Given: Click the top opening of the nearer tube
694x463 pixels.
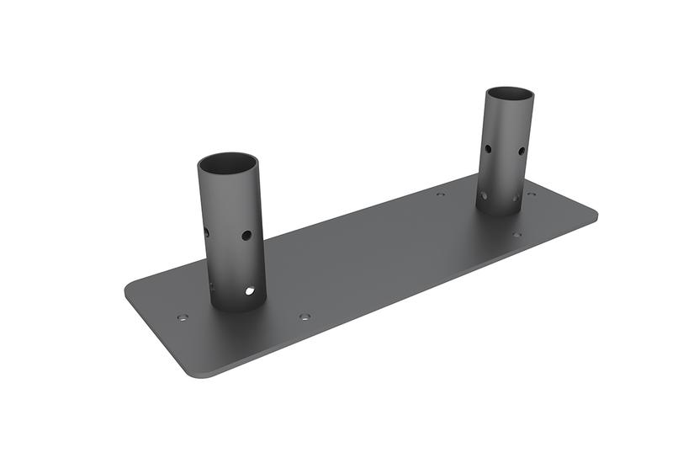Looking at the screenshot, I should tap(227, 162).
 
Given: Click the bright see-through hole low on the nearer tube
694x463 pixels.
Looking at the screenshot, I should tap(250, 291).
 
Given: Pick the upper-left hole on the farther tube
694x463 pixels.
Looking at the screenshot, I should tap(488, 149).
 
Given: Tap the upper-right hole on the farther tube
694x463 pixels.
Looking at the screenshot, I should tap(522, 152).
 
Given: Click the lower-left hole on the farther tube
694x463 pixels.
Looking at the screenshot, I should tap(484, 195).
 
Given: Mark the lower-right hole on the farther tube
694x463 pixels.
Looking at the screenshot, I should tap(516, 199).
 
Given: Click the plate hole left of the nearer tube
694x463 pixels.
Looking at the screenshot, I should tap(183, 318).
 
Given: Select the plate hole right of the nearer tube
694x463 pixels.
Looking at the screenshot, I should tap(305, 317).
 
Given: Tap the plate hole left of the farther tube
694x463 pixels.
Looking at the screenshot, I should tap(441, 194).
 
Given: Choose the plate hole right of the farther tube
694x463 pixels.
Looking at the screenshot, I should tap(531, 194).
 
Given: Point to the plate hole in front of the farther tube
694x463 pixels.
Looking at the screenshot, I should tap(517, 235).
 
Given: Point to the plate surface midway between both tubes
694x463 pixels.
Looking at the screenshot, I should tap(370, 253).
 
